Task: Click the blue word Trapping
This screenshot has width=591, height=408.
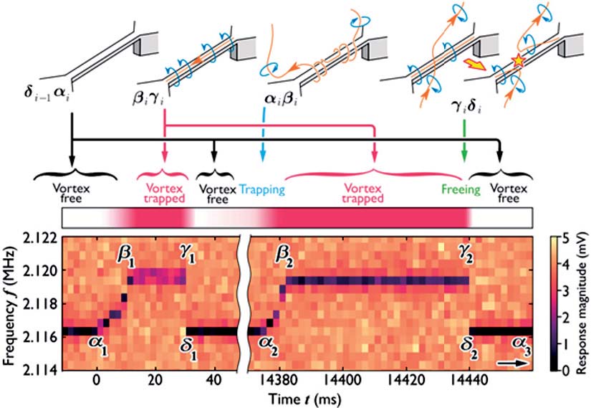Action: [x=262, y=190]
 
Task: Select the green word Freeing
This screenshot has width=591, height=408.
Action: [x=461, y=189]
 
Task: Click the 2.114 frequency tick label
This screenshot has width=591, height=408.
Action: [x=41, y=369]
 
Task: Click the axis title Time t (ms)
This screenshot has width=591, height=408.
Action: [x=305, y=398]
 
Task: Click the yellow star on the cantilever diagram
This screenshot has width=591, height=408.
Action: [x=517, y=60]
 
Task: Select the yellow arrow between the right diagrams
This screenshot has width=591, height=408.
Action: [x=475, y=65]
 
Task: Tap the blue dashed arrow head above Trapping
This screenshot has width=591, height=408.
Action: [x=263, y=156]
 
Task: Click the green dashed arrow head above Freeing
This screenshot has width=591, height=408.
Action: [x=464, y=156]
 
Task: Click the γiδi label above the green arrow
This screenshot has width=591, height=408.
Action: [x=466, y=108]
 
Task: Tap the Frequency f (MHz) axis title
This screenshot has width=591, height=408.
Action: [x=9, y=306]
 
